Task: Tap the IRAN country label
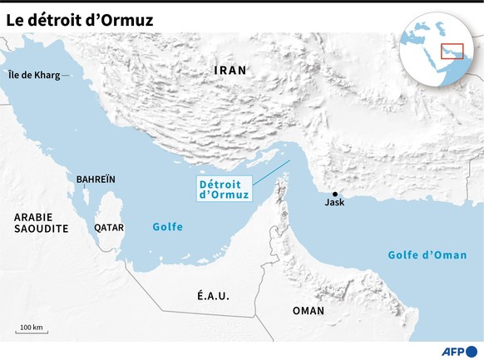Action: [230, 71]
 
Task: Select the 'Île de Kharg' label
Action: [33, 76]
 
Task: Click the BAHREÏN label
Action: [96, 179]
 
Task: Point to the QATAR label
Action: [109, 226]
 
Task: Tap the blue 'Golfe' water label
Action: [167, 227]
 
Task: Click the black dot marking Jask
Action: [334, 194]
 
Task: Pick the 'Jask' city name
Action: [334, 203]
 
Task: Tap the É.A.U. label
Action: [213, 296]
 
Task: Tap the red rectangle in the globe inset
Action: [452, 51]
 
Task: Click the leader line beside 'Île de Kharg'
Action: [67, 76]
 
